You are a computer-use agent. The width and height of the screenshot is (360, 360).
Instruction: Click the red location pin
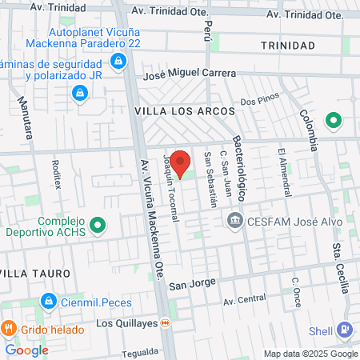click(181, 162)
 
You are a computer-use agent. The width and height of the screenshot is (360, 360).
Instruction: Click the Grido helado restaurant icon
click(9, 328)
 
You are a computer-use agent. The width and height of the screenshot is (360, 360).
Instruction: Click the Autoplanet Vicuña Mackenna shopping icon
click(118, 60)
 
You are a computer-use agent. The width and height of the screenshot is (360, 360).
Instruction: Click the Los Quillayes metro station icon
click(166, 323)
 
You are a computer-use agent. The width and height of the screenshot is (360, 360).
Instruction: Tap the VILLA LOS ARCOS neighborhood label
click(184, 110)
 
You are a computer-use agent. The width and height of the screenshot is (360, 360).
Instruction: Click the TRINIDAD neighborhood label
click(287, 46)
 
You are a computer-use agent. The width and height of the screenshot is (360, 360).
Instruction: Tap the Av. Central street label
click(245, 300)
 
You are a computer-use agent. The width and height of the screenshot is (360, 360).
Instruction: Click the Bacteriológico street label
click(243, 169)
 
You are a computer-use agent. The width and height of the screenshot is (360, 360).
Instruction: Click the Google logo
click(26, 350)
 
